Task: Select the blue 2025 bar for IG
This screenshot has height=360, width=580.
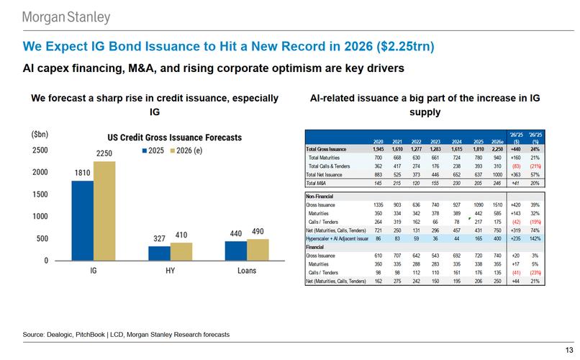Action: point(83,220)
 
